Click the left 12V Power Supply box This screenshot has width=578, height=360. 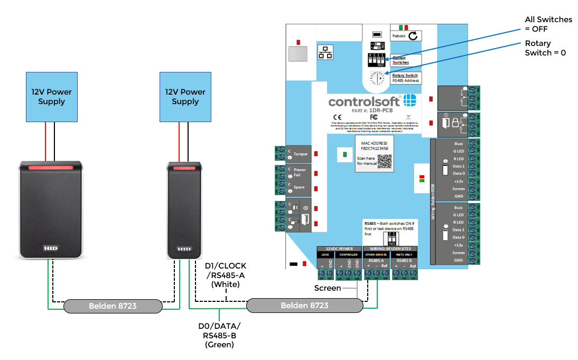(51, 97)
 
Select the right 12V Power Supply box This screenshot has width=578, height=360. (185, 97)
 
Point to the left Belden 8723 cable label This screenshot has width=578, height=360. (112, 306)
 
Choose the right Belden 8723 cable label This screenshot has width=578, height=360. (304, 306)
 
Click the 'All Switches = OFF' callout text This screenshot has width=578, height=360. (548, 24)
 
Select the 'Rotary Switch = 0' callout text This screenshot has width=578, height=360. (545, 48)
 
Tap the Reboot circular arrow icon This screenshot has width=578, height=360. (413, 35)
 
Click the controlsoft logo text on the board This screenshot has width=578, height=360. (365, 101)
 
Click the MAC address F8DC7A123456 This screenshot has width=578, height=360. (374, 149)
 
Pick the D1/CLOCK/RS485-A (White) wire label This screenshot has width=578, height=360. (225, 275)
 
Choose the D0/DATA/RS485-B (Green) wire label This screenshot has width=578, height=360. (218, 335)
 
